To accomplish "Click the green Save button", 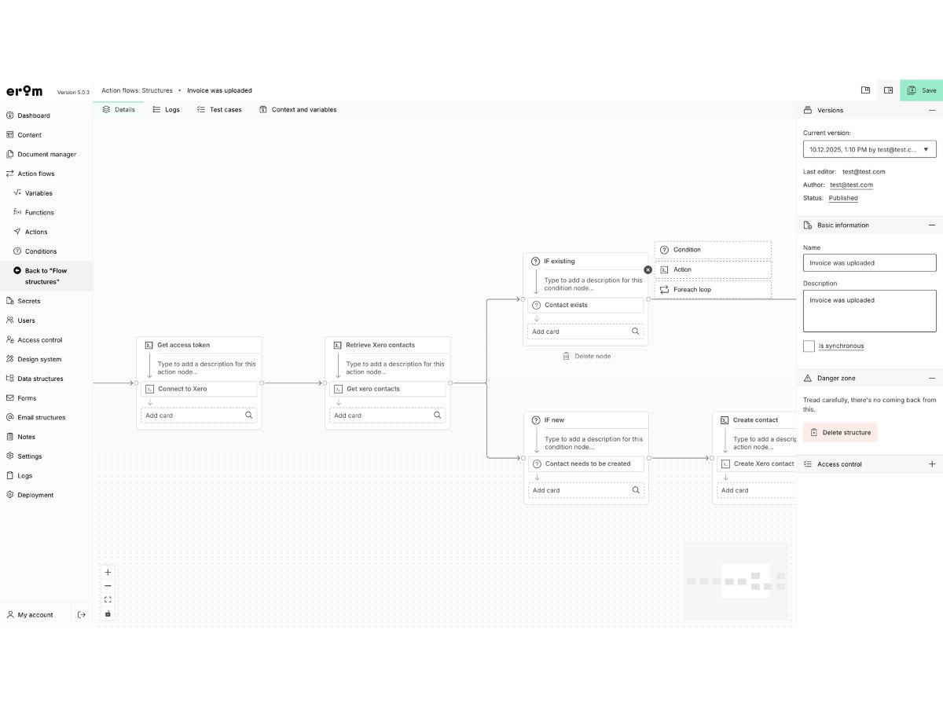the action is [x=921, y=90].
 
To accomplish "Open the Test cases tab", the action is [x=219, y=109].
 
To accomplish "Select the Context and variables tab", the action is [x=298, y=109].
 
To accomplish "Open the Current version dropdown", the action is [x=870, y=149].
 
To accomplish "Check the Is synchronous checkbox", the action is [x=809, y=346].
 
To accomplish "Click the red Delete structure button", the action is [x=840, y=432].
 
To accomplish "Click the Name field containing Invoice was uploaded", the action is [x=870, y=262].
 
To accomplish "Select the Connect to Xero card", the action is [x=199, y=389].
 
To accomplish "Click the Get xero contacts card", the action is [x=387, y=389].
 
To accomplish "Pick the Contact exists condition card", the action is [x=585, y=306].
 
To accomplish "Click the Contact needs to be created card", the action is [x=586, y=464].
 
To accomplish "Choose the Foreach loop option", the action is [x=713, y=290].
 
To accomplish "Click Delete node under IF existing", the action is [x=586, y=357].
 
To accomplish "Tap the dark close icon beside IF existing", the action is [x=648, y=270].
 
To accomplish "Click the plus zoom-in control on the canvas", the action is [x=108, y=572].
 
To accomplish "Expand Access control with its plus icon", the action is [x=932, y=464].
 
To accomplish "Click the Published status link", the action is [x=843, y=198].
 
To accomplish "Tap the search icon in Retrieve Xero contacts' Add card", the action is [x=438, y=415].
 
